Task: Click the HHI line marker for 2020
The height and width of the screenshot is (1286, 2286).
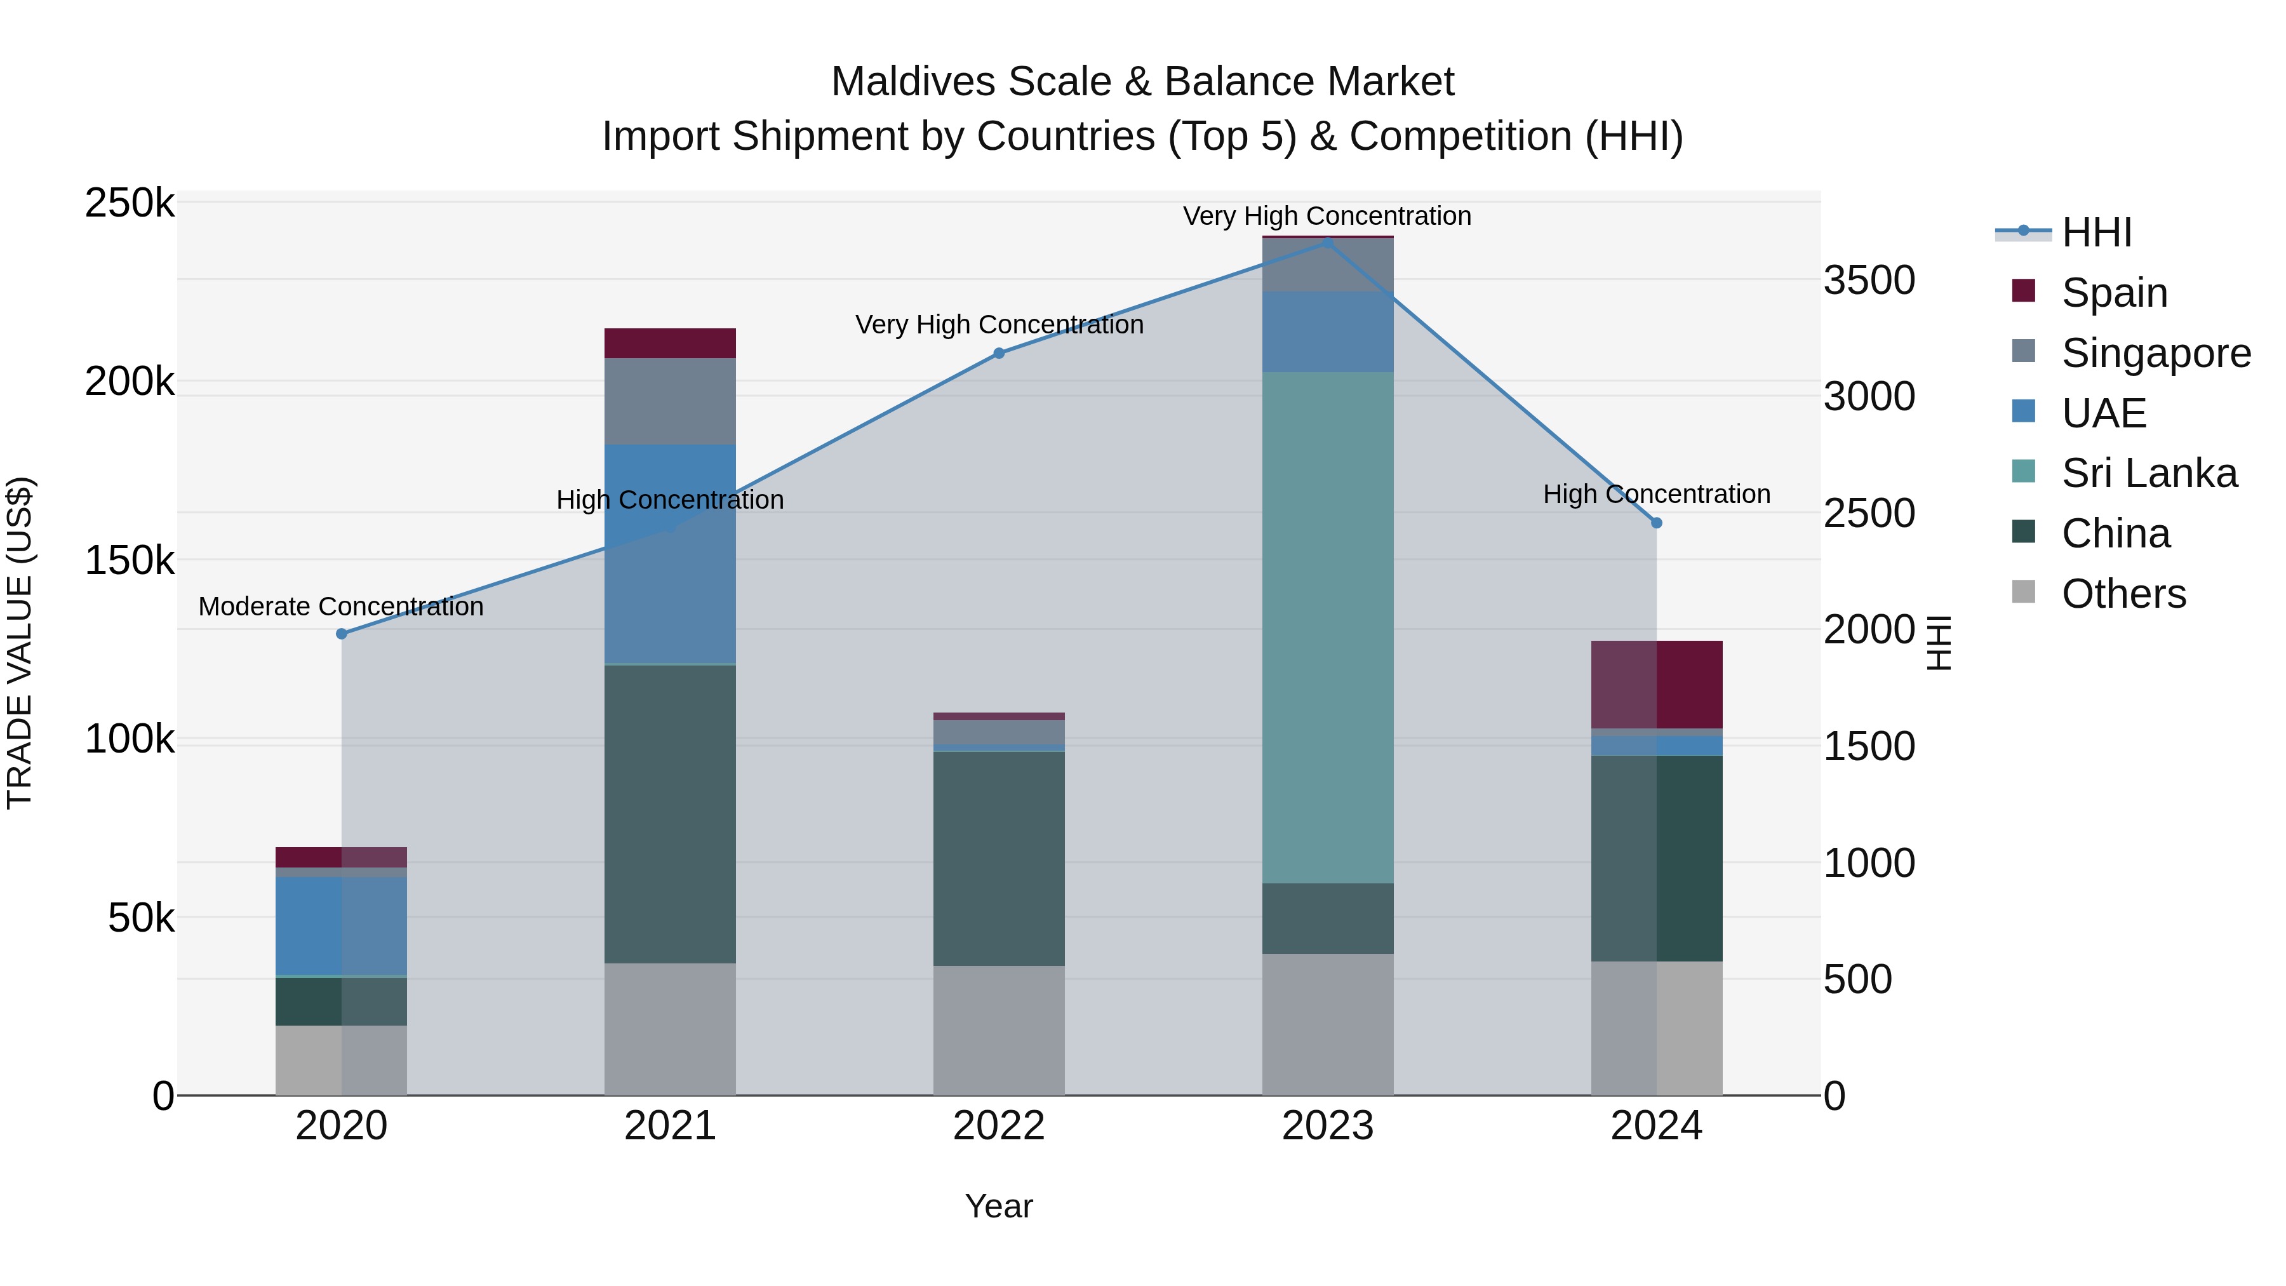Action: (x=342, y=634)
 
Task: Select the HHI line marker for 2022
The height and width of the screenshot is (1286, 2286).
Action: (x=998, y=353)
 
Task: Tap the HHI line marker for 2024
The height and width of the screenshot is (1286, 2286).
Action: (x=1656, y=523)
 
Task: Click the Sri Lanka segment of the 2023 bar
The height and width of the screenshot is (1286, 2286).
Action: (x=1328, y=627)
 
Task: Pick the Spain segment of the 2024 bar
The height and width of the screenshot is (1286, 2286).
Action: (x=1656, y=684)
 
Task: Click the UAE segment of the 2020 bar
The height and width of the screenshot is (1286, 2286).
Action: (x=342, y=926)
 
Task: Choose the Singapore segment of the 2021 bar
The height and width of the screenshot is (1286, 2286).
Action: (x=670, y=401)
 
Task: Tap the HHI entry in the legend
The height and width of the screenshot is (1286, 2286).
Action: (x=2096, y=232)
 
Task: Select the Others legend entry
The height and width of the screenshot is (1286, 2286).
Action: (x=2123, y=594)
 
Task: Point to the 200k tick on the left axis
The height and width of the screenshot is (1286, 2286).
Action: (x=130, y=382)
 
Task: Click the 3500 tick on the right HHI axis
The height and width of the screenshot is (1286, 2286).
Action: (x=1869, y=281)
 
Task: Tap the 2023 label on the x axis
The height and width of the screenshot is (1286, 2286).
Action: (x=1328, y=1126)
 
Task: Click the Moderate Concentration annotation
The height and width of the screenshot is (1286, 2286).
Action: (x=341, y=606)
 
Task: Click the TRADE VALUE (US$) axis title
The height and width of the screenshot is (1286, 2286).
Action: (x=20, y=643)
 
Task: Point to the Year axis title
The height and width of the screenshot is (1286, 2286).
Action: (x=998, y=1206)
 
